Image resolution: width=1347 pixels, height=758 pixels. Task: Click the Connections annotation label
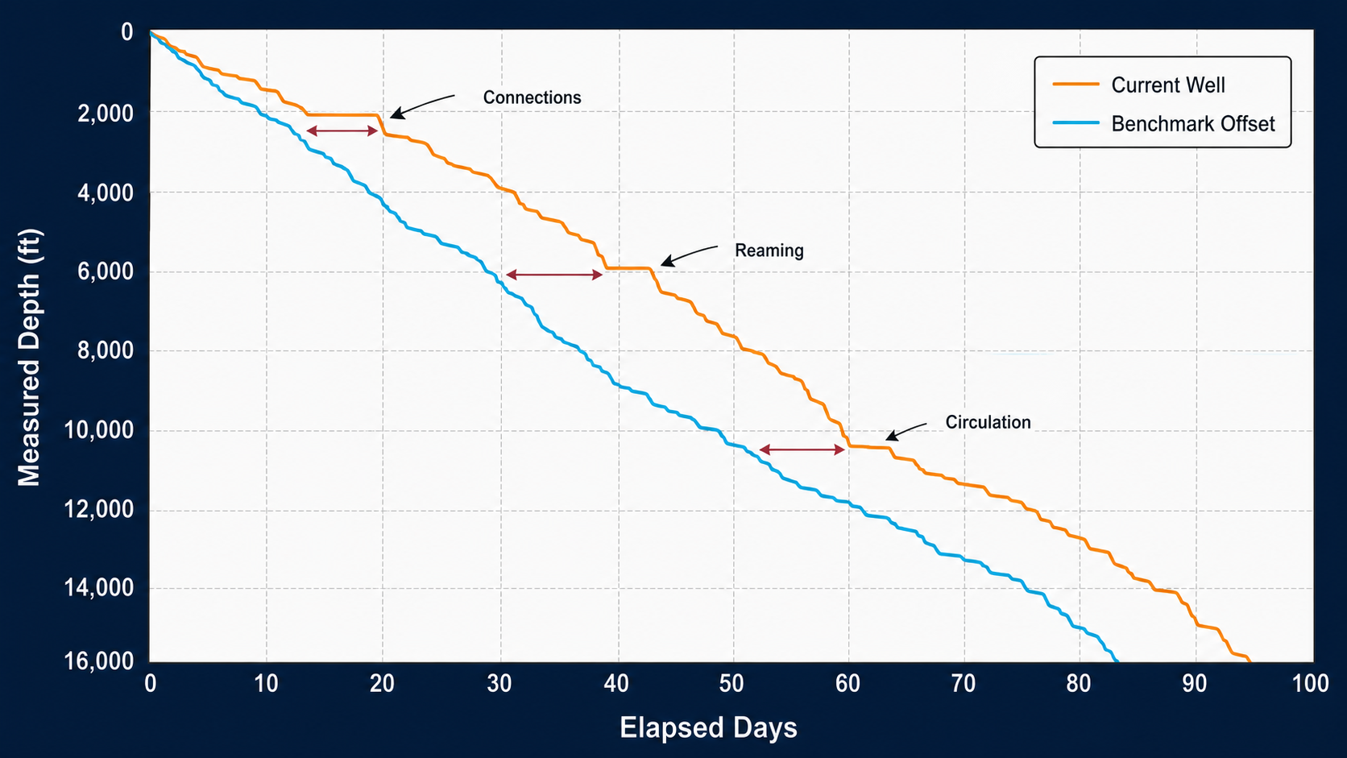click(x=532, y=97)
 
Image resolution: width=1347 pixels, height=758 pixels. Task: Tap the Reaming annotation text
click(x=769, y=250)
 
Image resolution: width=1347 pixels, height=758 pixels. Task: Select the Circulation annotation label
click(x=988, y=422)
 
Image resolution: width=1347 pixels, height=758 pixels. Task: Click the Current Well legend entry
click(x=1139, y=85)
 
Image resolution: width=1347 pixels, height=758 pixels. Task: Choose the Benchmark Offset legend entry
click(x=1163, y=123)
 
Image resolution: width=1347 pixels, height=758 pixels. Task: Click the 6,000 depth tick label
click(x=106, y=271)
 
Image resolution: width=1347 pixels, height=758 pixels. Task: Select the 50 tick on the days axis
click(x=732, y=683)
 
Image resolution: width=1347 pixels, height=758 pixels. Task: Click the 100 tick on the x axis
click(x=1310, y=683)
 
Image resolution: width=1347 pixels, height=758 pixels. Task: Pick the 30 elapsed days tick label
click(x=499, y=683)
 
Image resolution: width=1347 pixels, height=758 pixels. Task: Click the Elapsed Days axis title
click(x=708, y=727)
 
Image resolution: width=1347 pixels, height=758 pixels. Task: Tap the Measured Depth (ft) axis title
click(x=29, y=357)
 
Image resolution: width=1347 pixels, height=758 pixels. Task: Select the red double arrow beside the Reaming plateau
click(x=553, y=275)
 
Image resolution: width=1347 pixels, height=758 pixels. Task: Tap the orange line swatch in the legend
click(x=1076, y=85)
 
